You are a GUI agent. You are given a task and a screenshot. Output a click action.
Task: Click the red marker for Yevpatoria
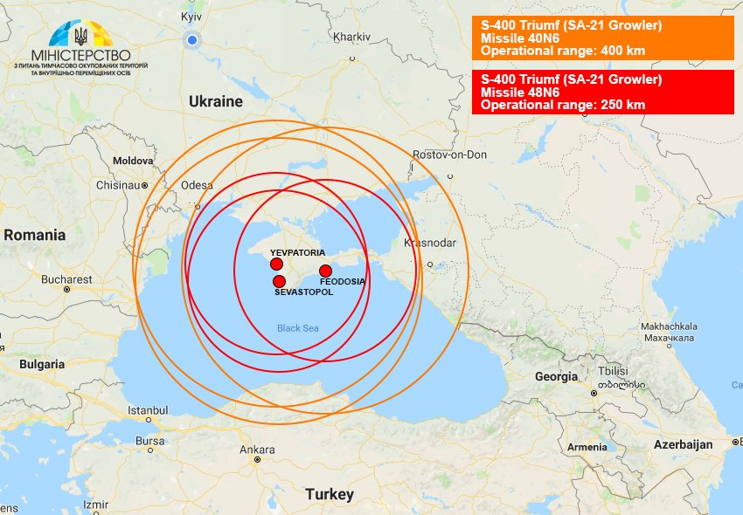coord(276,264)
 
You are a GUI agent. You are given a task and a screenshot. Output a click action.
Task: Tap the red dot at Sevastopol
coord(280,281)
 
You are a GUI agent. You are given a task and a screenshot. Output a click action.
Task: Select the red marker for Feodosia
coord(325,271)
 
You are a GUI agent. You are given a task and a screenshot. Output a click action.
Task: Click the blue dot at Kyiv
coord(192,40)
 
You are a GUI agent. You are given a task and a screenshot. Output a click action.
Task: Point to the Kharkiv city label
coord(351,37)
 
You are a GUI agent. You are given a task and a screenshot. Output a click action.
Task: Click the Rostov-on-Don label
coord(449,154)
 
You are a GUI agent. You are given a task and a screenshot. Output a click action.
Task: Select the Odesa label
coord(197,185)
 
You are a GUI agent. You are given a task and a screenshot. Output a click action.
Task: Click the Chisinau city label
coord(117,185)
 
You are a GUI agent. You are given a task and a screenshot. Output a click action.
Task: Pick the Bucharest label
coord(66,279)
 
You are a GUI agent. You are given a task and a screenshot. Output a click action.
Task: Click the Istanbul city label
coord(148,409)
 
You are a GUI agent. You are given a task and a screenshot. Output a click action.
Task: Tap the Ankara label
coord(257,450)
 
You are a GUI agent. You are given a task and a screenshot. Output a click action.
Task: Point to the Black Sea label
coord(299,328)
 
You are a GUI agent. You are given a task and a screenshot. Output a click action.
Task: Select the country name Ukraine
coord(216,101)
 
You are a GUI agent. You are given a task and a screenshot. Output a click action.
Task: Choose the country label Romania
coord(35,235)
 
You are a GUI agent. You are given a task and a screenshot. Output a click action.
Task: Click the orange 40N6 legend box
coord(602,38)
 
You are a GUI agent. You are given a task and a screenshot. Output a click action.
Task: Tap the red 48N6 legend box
coord(602,92)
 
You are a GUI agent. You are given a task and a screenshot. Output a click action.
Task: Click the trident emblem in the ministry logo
coord(81,36)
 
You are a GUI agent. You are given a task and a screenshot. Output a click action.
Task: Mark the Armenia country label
coord(587,447)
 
